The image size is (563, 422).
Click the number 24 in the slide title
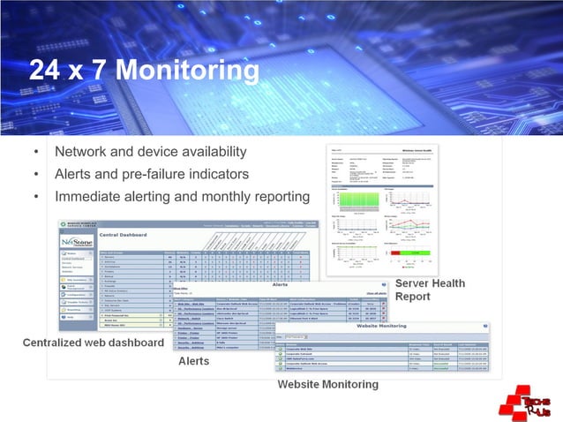(x=46, y=71)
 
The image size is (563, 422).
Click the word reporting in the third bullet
(x=281, y=196)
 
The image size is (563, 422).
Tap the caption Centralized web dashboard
(x=93, y=343)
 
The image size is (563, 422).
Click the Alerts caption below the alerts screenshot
(x=193, y=362)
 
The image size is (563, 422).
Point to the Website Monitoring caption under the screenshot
(x=327, y=385)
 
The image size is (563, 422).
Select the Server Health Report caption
(x=430, y=290)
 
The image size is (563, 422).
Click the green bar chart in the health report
(x=352, y=200)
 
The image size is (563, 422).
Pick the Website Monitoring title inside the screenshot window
(x=379, y=327)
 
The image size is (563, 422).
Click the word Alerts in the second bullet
(x=73, y=174)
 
